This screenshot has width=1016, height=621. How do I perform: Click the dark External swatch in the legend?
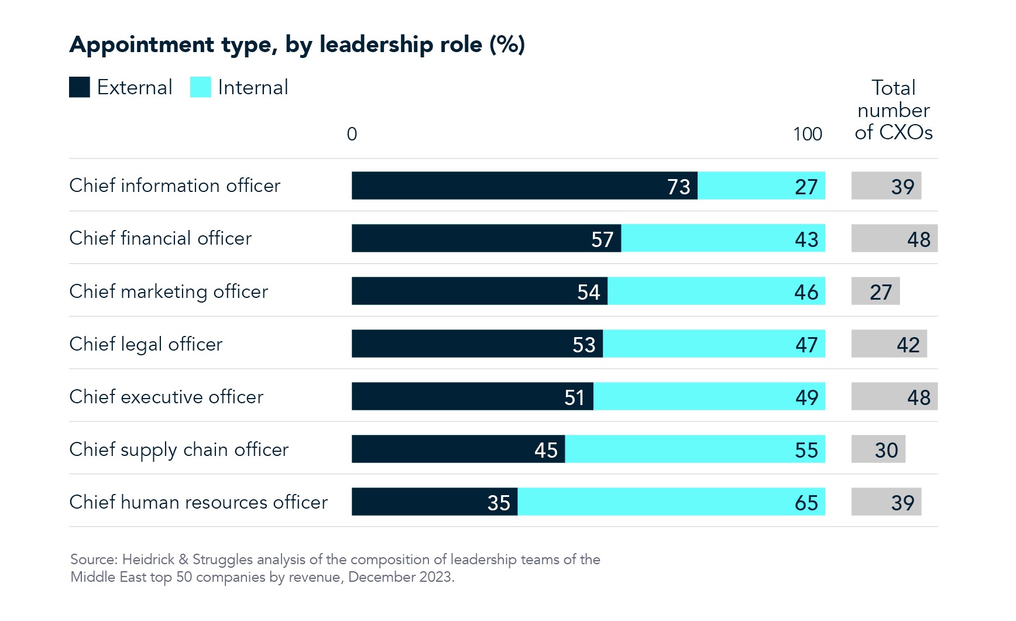pyautogui.click(x=79, y=87)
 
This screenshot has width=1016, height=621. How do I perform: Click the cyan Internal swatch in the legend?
pyautogui.click(x=200, y=87)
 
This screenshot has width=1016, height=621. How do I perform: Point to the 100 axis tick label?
pyautogui.click(x=807, y=134)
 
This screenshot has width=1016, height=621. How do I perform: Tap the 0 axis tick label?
pyautogui.click(x=352, y=134)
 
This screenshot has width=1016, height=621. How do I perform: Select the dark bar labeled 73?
pyautogui.click(x=524, y=186)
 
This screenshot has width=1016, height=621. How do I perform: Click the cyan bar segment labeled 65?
pyautogui.click(x=671, y=502)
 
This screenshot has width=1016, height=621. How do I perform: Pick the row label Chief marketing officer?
pyautogui.click(x=169, y=291)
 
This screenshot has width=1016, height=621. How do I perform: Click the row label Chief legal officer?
pyautogui.click(x=146, y=344)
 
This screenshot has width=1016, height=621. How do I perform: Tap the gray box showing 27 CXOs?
pyautogui.click(x=875, y=291)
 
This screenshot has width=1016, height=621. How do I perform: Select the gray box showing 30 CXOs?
pyautogui.click(x=878, y=450)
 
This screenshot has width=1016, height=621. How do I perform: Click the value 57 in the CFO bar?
pyautogui.click(x=602, y=239)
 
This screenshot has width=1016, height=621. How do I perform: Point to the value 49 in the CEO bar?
pyautogui.click(x=806, y=397)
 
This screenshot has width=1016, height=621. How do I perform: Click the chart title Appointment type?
pyautogui.click(x=297, y=44)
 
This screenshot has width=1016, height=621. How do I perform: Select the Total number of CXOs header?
pyautogui.click(x=893, y=110)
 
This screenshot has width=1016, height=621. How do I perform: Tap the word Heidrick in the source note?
pyautogui.click(x=148, y=560)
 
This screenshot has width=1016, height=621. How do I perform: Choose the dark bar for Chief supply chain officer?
pyautogui.click(x=458, y=449)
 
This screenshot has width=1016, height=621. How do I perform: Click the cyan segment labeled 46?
pyautogui.click(x=716, y=291)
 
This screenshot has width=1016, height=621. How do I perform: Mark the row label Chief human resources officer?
pyautogui.click(x=198, y=502)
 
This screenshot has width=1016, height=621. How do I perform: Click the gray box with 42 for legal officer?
pyautogui.click(x=888, y=344)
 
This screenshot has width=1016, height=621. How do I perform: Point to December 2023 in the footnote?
pyautogui.click(x=400, y=577)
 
